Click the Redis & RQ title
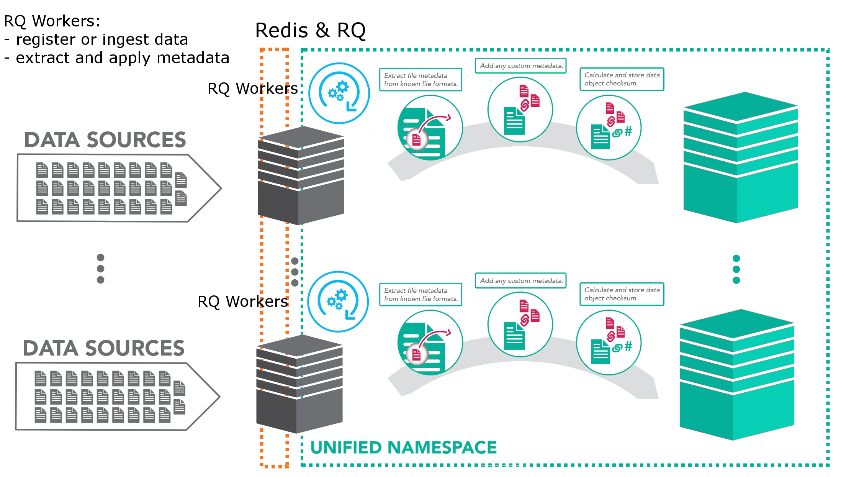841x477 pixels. coord(310,30)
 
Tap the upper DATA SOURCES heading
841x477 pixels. coord(105,139)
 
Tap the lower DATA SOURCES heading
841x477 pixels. coord(103,348)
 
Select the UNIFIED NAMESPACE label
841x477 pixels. coord(403,447)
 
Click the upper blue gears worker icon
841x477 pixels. coord(339,93)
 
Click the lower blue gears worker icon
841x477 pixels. coord(338,302)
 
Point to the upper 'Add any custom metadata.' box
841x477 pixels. coord(521,66)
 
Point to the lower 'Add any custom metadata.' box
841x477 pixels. coord(521,280)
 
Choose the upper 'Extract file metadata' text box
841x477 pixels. coord(420,80)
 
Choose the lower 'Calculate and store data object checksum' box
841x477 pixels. coord(622,294)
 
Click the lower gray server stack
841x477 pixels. coord(299,384)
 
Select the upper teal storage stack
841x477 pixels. coord(741,157)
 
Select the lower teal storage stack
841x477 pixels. coord(737,374)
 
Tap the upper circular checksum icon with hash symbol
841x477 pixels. coord(609,127)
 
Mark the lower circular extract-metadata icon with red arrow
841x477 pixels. coord(430,343)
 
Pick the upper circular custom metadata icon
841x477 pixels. coord(520,110)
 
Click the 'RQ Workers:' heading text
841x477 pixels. coord(52,21)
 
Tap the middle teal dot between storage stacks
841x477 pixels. coord(736,269)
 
